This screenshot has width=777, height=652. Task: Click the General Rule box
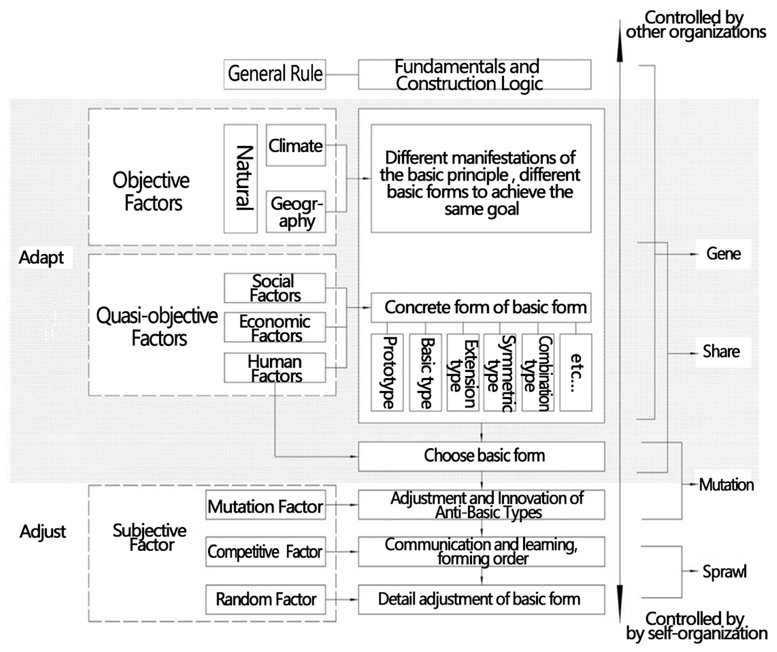point(275,74)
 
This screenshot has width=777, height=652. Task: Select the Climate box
point(296,145)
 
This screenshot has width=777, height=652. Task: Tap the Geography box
point(296,212)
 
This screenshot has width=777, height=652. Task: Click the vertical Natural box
point(240,179)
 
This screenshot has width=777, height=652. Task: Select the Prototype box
point(387,372)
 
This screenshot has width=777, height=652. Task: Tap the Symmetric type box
point(500,372)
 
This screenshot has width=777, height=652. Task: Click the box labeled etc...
point(575,372)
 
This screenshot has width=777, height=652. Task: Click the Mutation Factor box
point(266,506)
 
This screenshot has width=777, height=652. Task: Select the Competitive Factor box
point(266,552)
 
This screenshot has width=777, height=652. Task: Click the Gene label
point(723,254)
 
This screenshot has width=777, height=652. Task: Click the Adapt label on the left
point(42,257)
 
